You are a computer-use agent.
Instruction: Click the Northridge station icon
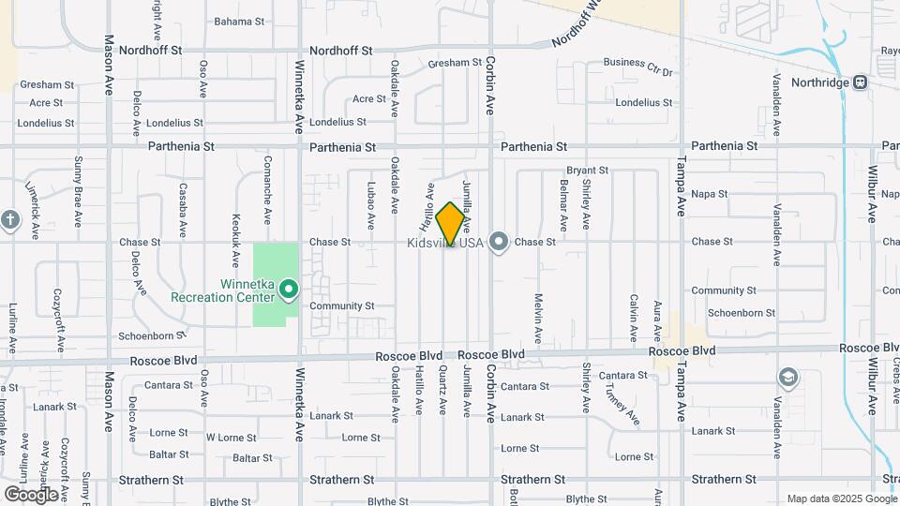[x=860, y=82]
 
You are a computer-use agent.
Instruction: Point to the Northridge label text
[x=817, y=82]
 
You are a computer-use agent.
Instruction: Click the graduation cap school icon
[x=787, y=378]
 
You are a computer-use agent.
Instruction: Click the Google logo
[x=31, y=494]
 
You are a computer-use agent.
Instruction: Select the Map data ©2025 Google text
[x=840, y=499]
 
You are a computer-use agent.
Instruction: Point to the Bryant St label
[x=587, y=171]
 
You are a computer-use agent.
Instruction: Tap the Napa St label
[x=710, y=194]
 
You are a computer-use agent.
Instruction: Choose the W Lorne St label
[x=231, y=438]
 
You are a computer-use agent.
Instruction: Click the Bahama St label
[x=239, y=21]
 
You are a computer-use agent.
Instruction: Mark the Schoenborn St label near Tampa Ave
[x=741, y=313]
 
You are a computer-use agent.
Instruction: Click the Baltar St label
[x=251, y=458]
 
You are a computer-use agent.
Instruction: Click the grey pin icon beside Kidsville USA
[x=499, y=242]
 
